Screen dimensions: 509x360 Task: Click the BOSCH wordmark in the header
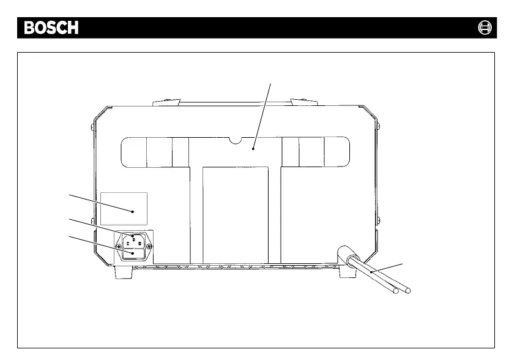point(51,28)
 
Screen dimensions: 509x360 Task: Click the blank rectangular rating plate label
point(124,208)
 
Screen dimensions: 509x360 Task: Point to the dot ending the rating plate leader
point(133,211)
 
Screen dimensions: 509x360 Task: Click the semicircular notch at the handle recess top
point(235,141)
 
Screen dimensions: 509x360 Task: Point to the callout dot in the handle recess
point(253,148)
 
